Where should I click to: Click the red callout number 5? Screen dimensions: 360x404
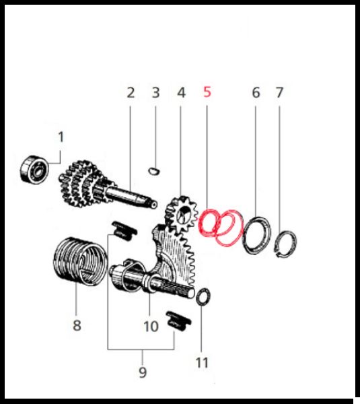[x=207, y=92]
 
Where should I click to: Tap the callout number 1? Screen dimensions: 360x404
[x=61, y=137]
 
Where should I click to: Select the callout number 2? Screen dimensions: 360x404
[x=131, y=92]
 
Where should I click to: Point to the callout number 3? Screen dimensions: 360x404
[x=156, y=92]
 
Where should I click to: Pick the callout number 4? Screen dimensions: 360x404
[x=181, y=92]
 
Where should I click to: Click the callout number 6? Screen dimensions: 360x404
[x=256, y=92]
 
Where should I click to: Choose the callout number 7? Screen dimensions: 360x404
[x=279, y=92]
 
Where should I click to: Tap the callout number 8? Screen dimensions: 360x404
[x=77, y=325]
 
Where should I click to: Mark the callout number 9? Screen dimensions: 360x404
[x=143, y=372]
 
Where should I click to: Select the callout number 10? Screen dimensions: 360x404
[x=151, y=326]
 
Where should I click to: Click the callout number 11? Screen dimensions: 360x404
[x=202, y=362]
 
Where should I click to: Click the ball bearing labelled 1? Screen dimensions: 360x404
[x=34, y=170]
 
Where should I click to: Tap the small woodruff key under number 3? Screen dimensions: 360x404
[x=155, y=170]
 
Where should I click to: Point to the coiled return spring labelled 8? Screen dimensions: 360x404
[x=80, y=261]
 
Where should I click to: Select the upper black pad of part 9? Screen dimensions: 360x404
[x=124, y=230]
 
